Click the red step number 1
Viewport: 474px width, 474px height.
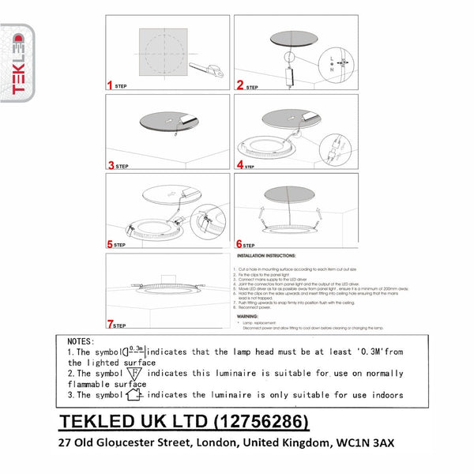pyautogui.click(x=111, y=85)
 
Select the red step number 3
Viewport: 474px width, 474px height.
pyautogui.click(x=111, y=166)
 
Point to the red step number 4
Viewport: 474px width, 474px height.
pyautogui.click(x=239, y=166)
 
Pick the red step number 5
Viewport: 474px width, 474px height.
pyautogui.click(x=111, y=245)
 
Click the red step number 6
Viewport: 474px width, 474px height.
pyautogui.click(x=239, y=245)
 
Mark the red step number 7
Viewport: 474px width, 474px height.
pyautogui.click(x=111, y=325)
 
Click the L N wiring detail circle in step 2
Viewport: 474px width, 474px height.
pyautogui.click(x=341, y=63)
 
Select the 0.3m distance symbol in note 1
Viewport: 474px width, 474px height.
pyautogui.click(x=134, y=351)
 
